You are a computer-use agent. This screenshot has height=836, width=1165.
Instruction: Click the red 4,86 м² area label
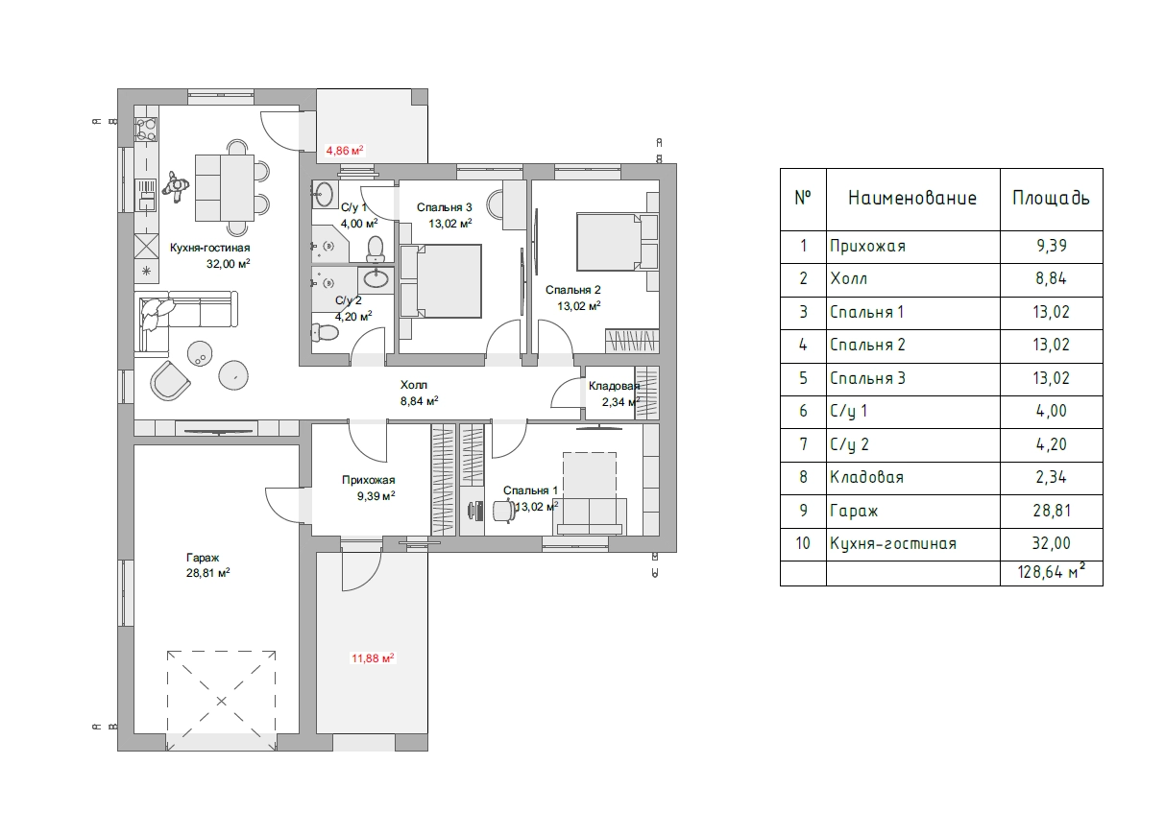pyautogui.click(x=344, y=151)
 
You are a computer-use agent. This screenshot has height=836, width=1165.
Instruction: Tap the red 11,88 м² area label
pyautogui.click(x=373, y=658)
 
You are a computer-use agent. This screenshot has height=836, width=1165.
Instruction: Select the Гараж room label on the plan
pyautogui.click(x=203, y=558)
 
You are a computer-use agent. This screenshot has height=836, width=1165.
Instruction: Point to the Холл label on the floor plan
pyautogui.click(x=414, y=385)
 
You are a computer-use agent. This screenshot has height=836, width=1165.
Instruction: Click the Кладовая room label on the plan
pyautogui.click(x=614, y=386)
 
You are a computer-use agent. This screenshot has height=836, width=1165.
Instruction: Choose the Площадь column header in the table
pyautogui.click(x=1051, y=198)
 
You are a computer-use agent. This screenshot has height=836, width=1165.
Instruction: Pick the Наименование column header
pyautogui.click(x=912, y=198)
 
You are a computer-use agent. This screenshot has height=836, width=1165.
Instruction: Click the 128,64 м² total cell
pyautogui.click(x=1051, y=571)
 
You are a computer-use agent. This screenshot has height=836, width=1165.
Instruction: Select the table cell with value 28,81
pyautogui.click(x=1052, y=511)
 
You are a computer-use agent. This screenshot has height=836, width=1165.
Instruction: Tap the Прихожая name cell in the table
pyautogui.click(x=867, y=246)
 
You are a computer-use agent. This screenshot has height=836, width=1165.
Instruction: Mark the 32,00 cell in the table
pyautogui.click(x=1051, y=543)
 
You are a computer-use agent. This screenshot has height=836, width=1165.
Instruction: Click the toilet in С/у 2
pyautogui.click(x=325, y=333)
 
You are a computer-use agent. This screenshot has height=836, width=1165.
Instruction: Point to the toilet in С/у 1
pyautogui.click(x=375, y=250)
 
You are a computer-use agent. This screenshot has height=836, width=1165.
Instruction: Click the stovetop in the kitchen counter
pyautogui.click(x=146, y=130)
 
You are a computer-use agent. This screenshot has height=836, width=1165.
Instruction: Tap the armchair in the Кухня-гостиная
pyautogui.click(x=170, y=380)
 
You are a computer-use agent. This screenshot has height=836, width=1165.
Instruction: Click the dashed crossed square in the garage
pyautogui.click(x=221, y=701)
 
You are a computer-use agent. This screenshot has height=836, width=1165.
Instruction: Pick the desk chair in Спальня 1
pyautogui.click(x=503, y=510)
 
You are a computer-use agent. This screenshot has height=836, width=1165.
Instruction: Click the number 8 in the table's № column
pyautogui.click(x=803, y=477)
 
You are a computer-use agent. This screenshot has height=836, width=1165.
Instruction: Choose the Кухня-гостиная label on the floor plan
pyautogui.click(x=209, y=248)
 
